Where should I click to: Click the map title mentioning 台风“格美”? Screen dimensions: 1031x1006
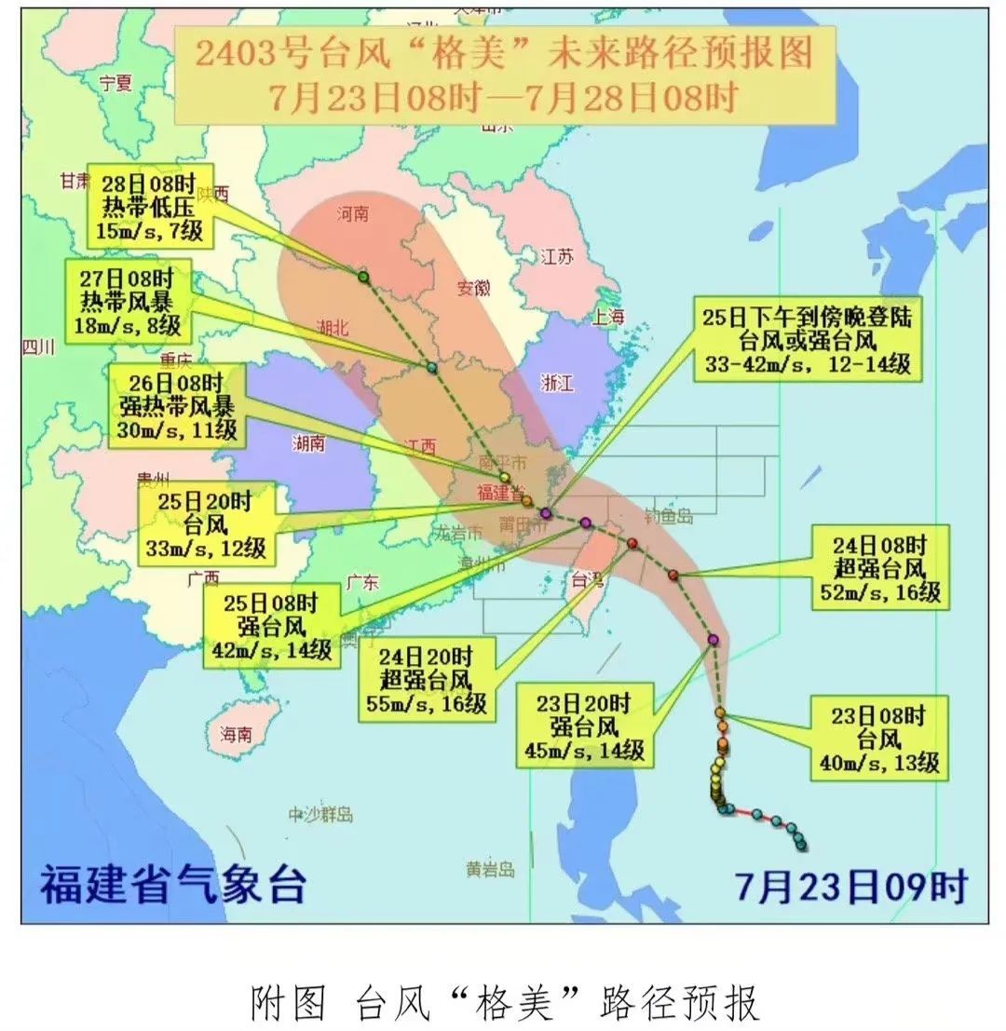coord(503,74)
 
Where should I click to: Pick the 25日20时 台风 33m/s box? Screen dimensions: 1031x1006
coord(207,525)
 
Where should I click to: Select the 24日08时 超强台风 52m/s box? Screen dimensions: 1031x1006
coord(879,567)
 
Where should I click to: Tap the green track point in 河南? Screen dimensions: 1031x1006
coord(362,277)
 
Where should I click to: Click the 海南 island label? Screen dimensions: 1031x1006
coord(236,735)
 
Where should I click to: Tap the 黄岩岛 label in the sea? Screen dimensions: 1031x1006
coord(491,870)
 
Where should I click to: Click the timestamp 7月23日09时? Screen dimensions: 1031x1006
coord(851,886)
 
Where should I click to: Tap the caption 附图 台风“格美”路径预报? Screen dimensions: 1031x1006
coord(504,1003)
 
